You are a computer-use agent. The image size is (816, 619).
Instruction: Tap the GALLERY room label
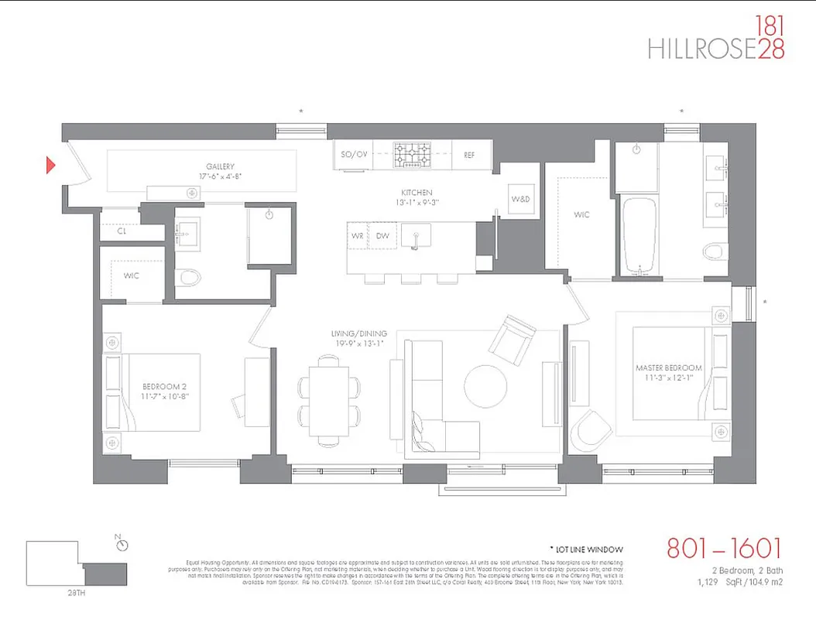click(220, 166)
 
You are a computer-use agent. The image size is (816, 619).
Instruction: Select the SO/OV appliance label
click(354, 155)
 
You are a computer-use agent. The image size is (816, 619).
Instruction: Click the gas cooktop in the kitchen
click(415, 155)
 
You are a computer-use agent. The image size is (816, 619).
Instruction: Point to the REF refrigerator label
click(469, 155)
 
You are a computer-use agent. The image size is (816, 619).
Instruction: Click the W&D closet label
click(520, 200)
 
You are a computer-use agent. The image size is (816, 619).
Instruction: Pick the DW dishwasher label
click(382, 235)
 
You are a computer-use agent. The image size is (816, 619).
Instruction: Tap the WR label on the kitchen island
click(357, 235)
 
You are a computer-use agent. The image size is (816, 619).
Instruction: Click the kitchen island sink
click(417, 235)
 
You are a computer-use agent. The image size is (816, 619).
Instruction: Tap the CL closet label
click(122, 230)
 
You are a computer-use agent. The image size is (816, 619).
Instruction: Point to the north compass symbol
click(121, 544)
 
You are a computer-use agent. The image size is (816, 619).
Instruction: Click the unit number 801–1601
click(724, 550)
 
